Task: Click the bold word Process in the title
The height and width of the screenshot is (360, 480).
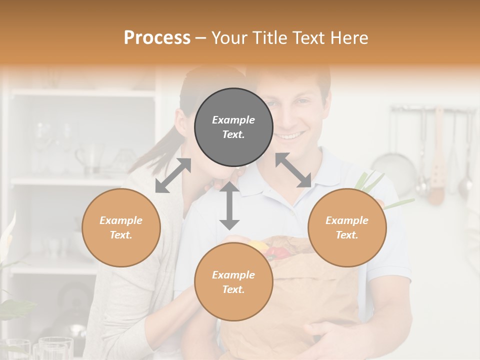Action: coord(157,38)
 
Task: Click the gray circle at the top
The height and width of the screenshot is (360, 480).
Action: coord(233,127)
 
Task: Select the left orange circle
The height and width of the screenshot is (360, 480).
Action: coord(121,227)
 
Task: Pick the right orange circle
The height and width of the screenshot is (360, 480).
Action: coord(347,227)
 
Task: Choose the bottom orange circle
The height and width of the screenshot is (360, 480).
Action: coord(233,282)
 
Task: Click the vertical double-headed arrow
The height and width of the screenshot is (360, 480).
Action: coord(230,205)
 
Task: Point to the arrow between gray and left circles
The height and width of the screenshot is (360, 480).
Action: coord(173,175)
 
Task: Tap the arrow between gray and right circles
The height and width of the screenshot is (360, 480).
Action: coord(293,170)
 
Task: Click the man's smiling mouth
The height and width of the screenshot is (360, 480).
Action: coord(290,135)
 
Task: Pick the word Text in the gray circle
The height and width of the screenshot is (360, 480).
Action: coord(233,134)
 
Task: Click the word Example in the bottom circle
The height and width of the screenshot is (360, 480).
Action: coord(233,275)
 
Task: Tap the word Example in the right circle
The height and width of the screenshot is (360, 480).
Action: coord(347,220)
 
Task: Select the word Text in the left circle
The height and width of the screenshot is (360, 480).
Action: coord(121,235)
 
